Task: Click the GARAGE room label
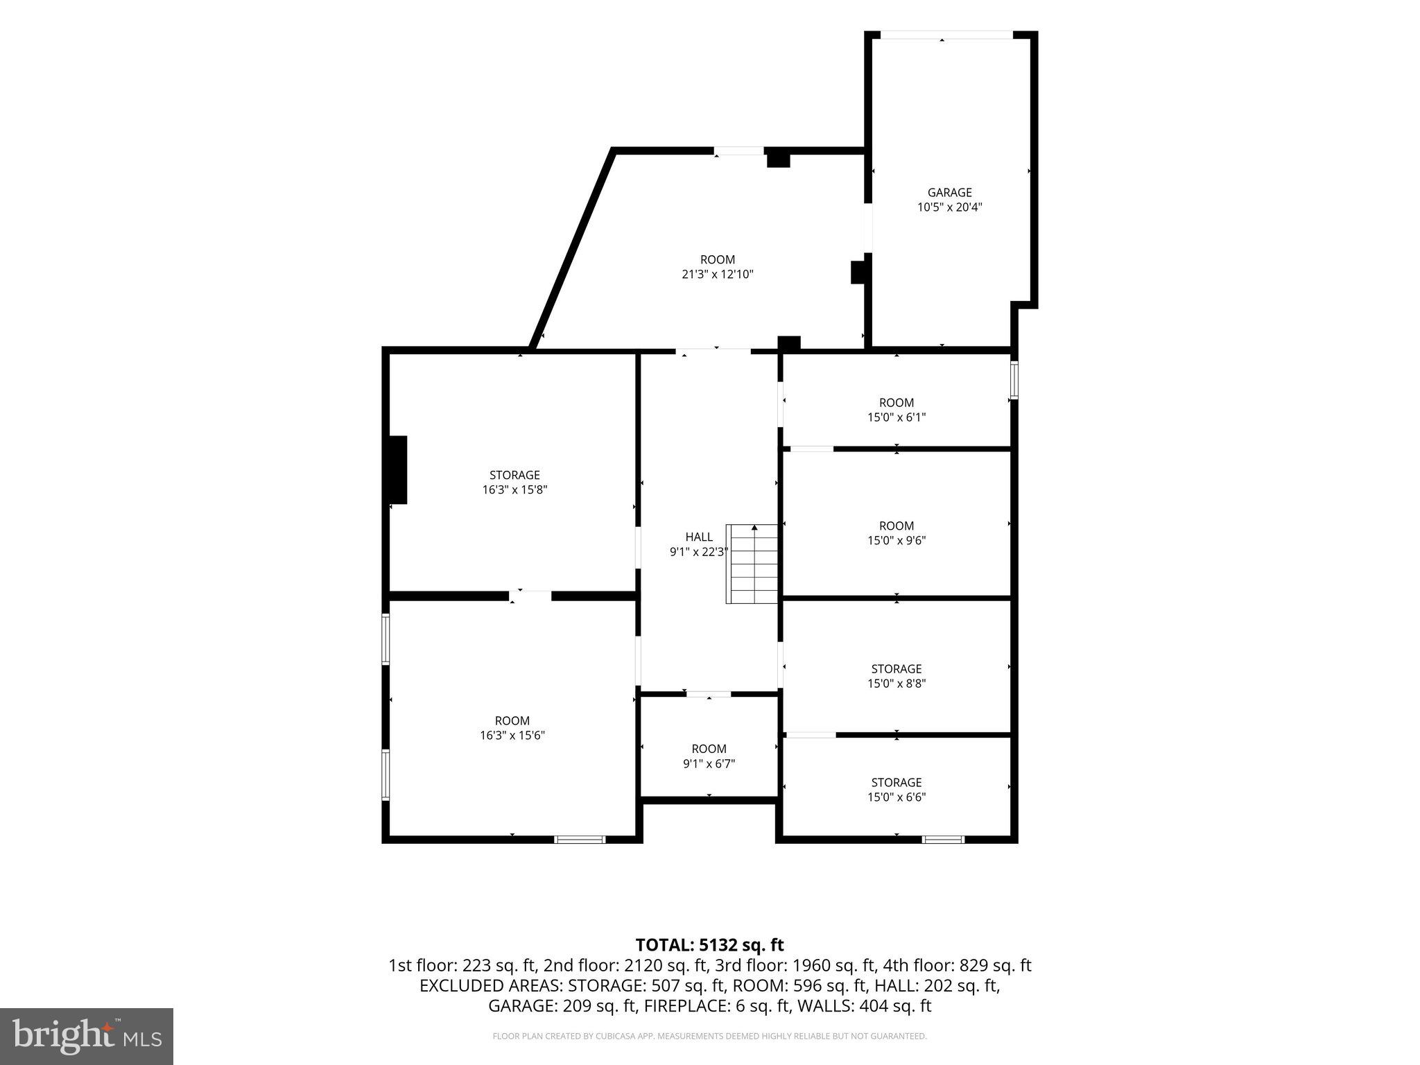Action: pos(949,193)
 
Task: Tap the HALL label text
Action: pos(699,537)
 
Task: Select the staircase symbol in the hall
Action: pos(752,564)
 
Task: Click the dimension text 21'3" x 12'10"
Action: pos(717,275)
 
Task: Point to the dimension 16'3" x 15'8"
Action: pos(514,490)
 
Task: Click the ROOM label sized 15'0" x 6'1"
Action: pos(897,403)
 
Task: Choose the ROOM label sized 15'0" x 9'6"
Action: pos(897,526)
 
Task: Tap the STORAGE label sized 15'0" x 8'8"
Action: pos(897,669)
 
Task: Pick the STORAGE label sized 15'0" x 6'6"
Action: pos(897,783)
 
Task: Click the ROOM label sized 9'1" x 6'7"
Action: pos(709,749)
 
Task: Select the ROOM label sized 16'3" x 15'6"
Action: pos(512,721)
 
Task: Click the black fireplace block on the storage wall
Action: pos(398,469)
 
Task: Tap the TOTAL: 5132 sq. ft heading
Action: pos(709,945)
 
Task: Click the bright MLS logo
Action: pos(87,1036)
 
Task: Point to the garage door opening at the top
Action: pos(946,35)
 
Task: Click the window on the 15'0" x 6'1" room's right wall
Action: pos(1014,380)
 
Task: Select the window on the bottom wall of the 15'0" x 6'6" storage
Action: pos(943,840)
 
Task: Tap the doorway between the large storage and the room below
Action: pos(530,596)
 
